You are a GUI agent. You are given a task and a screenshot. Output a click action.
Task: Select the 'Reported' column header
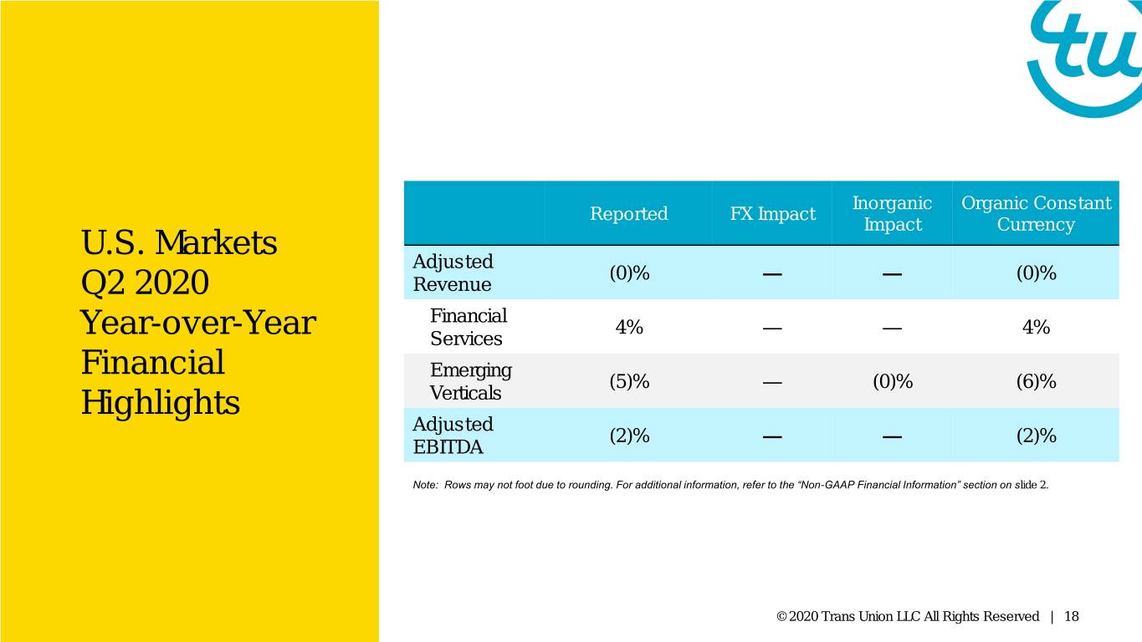click(628, 213)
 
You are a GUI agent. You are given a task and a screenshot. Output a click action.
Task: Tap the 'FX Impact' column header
click(772, 213)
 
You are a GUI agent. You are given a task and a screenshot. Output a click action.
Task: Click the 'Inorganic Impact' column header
click(892, 213)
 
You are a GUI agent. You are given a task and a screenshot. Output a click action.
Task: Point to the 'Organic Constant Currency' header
click(1036, 213)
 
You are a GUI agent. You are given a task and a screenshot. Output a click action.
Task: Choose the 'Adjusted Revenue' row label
click(453, 273)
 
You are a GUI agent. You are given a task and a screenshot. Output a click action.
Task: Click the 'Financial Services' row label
click(469, 327)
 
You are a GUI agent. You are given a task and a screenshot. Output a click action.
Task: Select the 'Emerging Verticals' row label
click(470, 381)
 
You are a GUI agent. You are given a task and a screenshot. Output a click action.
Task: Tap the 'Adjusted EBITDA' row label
click(453, 436)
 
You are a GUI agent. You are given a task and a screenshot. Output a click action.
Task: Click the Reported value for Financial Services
click(629, 327)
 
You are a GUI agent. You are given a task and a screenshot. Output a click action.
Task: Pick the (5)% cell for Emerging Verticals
click(629, 381)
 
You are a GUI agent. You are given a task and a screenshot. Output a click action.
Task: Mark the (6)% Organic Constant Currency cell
click(1036, 381)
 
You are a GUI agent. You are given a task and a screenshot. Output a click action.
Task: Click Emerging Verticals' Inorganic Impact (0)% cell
click(893, 381)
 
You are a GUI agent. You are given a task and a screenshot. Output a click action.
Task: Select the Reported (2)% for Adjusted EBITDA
click(629, 436)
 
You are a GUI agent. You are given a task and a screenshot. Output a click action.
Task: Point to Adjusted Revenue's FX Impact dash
click(772, 274)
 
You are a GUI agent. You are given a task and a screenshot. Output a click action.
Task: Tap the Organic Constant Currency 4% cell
click(1036, 327)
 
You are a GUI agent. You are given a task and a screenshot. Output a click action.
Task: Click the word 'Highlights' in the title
click(160, 404)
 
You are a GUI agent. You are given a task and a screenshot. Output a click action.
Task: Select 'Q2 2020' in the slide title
click(145, 283)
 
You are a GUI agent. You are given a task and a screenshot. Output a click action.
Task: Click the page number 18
click(1071, 617)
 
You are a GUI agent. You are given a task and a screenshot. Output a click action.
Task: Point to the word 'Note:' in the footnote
click(425, 485)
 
